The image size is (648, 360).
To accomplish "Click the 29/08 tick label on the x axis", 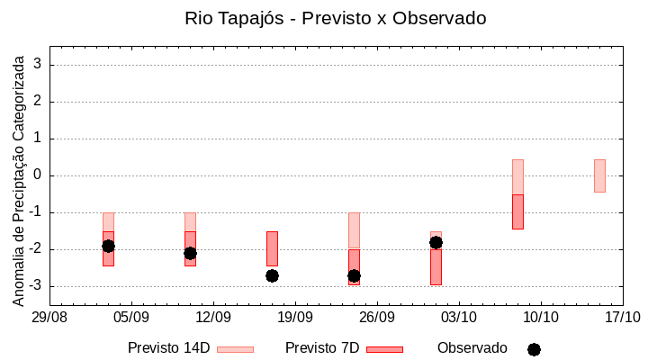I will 49,317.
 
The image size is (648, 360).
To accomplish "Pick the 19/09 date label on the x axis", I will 294,317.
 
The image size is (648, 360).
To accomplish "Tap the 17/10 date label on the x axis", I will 622,317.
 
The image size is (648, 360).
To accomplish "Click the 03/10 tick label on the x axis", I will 458,317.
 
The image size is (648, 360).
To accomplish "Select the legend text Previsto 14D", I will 169,348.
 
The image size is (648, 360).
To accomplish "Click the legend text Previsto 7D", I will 322,348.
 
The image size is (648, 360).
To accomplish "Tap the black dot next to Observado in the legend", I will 534,349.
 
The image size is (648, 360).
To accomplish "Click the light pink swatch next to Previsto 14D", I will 235,349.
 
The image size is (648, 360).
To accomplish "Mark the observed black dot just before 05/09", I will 108,246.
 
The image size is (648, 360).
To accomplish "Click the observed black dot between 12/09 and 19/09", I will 272,275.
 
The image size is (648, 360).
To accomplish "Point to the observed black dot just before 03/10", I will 436,242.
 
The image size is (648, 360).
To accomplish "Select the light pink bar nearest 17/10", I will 599,175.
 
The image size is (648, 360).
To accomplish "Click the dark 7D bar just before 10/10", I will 517,211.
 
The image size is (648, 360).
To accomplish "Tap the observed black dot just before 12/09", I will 190,253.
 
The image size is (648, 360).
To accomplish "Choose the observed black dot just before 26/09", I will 354,275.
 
